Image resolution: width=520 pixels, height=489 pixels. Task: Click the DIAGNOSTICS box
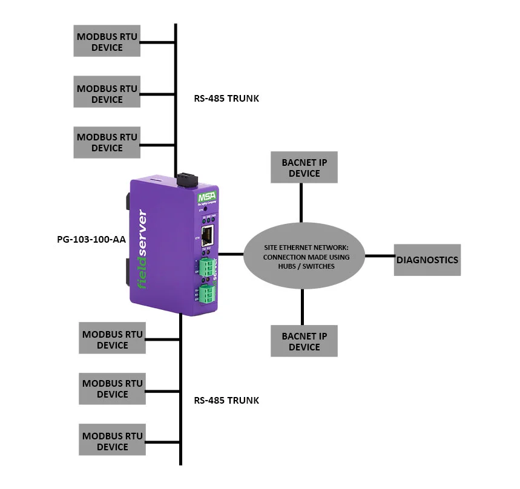[x=427, y=260]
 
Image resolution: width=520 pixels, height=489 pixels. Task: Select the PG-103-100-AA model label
[x=91, y=239]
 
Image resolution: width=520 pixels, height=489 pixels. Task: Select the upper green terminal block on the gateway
[x=207, y=265]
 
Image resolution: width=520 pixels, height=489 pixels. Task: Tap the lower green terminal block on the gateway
[x=208, y=295]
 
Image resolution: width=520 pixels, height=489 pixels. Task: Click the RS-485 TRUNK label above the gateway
[x=226, y=98]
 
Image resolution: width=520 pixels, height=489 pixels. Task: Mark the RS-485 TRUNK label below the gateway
[x=226, y=400]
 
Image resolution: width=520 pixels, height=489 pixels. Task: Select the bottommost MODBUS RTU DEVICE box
[x=113, y=441]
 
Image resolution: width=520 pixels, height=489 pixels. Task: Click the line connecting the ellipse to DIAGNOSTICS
[x=380, y=256]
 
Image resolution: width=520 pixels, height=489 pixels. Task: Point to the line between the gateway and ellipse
[x=230, y=254]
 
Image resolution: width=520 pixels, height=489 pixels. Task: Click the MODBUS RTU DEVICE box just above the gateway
[x=107, y=142]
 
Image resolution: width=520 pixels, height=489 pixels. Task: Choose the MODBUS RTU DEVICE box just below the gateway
[x=113, y=339]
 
